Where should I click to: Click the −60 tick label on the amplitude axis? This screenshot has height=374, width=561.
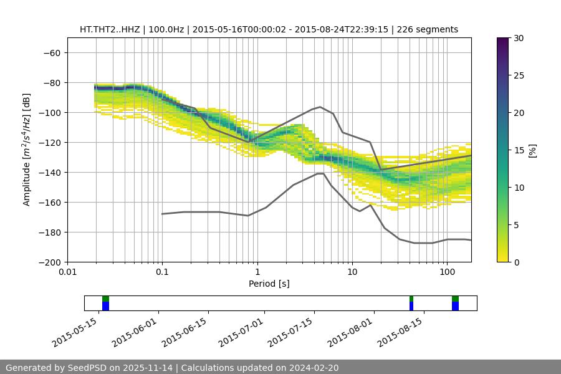click(51, 52)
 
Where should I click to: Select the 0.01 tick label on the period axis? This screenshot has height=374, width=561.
click(67, 272)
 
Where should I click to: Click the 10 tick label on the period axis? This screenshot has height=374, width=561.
click(352, 272)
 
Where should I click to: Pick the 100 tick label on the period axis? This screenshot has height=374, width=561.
click(447, 272)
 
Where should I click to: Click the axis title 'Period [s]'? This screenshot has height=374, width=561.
click(269, 284)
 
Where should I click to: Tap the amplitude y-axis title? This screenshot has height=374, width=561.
click(27, 150)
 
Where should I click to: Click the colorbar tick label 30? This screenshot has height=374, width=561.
click(519, 38)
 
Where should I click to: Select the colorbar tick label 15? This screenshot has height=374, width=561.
click(519, 150)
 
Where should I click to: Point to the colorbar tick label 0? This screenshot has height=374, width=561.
click(516, 262)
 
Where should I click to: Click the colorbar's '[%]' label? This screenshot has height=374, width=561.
click(532, 150)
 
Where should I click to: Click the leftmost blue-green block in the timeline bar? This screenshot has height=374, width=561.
click(105, 304)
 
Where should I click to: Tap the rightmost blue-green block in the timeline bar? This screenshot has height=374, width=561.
click(455, 304)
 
